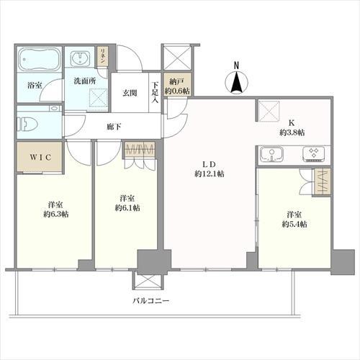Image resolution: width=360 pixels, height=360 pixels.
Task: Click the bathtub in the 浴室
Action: click(39, 59)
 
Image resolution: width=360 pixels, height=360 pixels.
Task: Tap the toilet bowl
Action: click(27, 124)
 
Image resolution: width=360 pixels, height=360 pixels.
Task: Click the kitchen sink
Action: click(271, 154)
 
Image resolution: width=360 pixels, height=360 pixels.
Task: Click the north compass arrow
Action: click(236, 82)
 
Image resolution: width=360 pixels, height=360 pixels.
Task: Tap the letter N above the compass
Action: click(236, 65)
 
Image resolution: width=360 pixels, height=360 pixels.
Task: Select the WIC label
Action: click(40, 157)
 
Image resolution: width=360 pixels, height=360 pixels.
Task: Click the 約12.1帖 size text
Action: click(210, 174)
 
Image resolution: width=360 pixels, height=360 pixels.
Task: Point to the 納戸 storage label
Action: click(176, 82)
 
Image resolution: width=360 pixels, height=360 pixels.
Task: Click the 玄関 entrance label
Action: click(130, 93)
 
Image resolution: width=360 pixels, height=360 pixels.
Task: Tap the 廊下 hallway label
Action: click(114, 127)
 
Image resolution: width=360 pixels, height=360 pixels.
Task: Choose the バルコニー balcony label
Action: click(151, 301)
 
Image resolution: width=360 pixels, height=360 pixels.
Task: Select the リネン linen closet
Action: click(103, 56)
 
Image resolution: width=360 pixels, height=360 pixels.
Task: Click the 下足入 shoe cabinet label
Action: click(155, 93)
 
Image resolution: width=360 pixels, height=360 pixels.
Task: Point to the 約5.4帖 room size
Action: click(294, 225)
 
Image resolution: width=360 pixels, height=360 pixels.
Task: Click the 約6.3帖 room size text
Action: click(55, 214)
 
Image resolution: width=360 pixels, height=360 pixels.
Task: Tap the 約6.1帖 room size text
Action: click(127, 208)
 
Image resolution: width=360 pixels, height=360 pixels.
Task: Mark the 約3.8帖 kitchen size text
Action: click(292, 132)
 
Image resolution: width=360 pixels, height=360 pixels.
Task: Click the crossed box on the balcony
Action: click(148, 281)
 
